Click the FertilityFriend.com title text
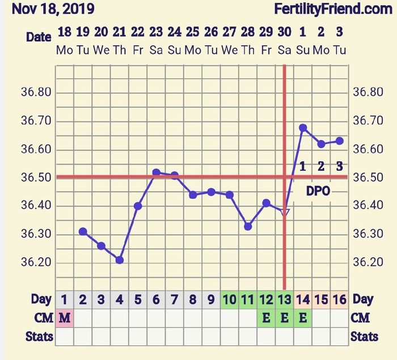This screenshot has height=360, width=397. tap(333, 9)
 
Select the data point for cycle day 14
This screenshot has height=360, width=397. tap(303, 128)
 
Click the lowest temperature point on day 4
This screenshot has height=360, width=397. tap(120, 260)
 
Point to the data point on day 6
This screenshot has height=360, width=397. tap(156, 172)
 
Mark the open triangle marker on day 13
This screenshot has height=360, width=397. tap(285, 212)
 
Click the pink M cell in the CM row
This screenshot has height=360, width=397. tap(65, 318)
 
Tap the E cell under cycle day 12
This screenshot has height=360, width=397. tap(266, 318)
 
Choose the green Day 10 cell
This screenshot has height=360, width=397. tap(230, 299)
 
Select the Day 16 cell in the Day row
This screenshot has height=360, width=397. tap(339, 299)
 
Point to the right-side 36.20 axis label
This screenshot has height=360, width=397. tap(367, 262)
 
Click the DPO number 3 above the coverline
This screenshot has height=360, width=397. tap(339, 166)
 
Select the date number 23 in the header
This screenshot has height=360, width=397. tap(156, 32)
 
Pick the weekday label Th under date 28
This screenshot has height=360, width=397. tap(247, 50)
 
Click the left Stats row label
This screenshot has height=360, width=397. tap(39, 336)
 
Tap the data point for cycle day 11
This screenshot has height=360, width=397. tap(248, 226)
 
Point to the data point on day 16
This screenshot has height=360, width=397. tap(339, 141)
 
